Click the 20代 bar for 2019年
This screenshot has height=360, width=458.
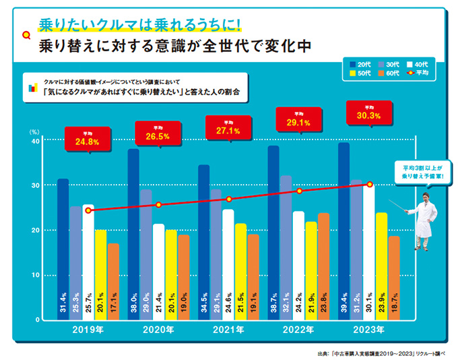(x=63, y=249)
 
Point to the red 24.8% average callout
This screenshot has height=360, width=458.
(x=87, y=140)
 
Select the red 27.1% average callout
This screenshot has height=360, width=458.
(x=228, y=128)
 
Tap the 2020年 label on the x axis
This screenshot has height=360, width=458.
(x=158, y=330)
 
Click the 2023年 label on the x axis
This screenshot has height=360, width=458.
(x=369, y=330)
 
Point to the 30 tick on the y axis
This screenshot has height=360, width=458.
(x=36, y=185)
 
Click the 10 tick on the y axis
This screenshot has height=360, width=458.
(x=36, y=275)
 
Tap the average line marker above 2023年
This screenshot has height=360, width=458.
(x=369, y=184)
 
